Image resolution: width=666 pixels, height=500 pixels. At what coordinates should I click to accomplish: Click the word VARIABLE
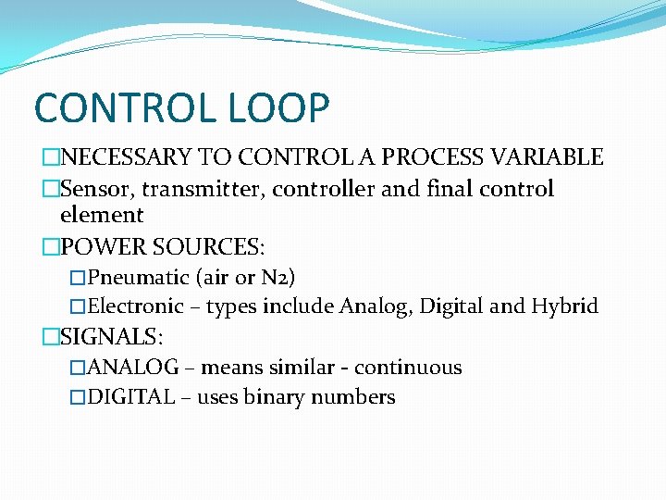click(x=552, y=157)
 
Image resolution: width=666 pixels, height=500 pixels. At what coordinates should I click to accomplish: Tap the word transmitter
click(x=191, y=189)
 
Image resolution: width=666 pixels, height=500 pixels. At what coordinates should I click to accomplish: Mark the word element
click(x=102, y=216)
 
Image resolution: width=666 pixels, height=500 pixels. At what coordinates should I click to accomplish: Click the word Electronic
click(x=136, y=306)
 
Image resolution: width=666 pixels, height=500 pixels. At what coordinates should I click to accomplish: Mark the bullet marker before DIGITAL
click(x=78, y=398)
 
